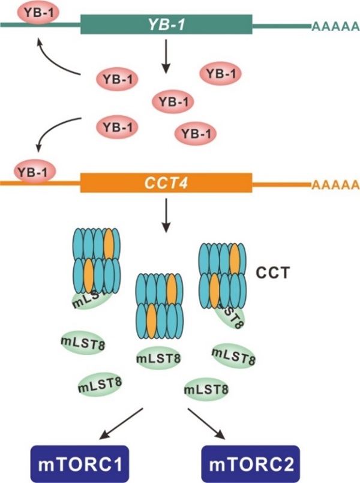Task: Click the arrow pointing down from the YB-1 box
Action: click(x=166, y=59)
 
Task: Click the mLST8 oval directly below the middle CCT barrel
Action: click(x=158, y=358)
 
